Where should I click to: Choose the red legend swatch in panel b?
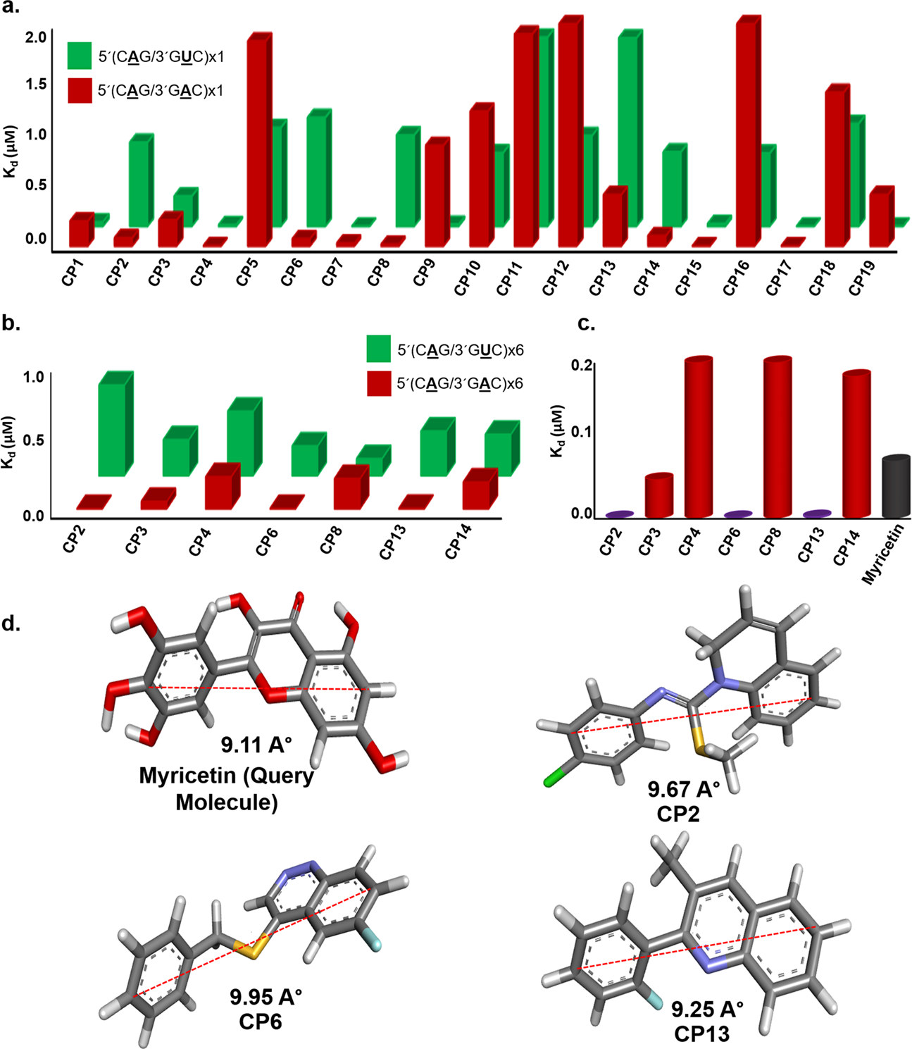379,384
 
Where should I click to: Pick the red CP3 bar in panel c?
659,496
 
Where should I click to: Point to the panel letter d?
11,624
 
